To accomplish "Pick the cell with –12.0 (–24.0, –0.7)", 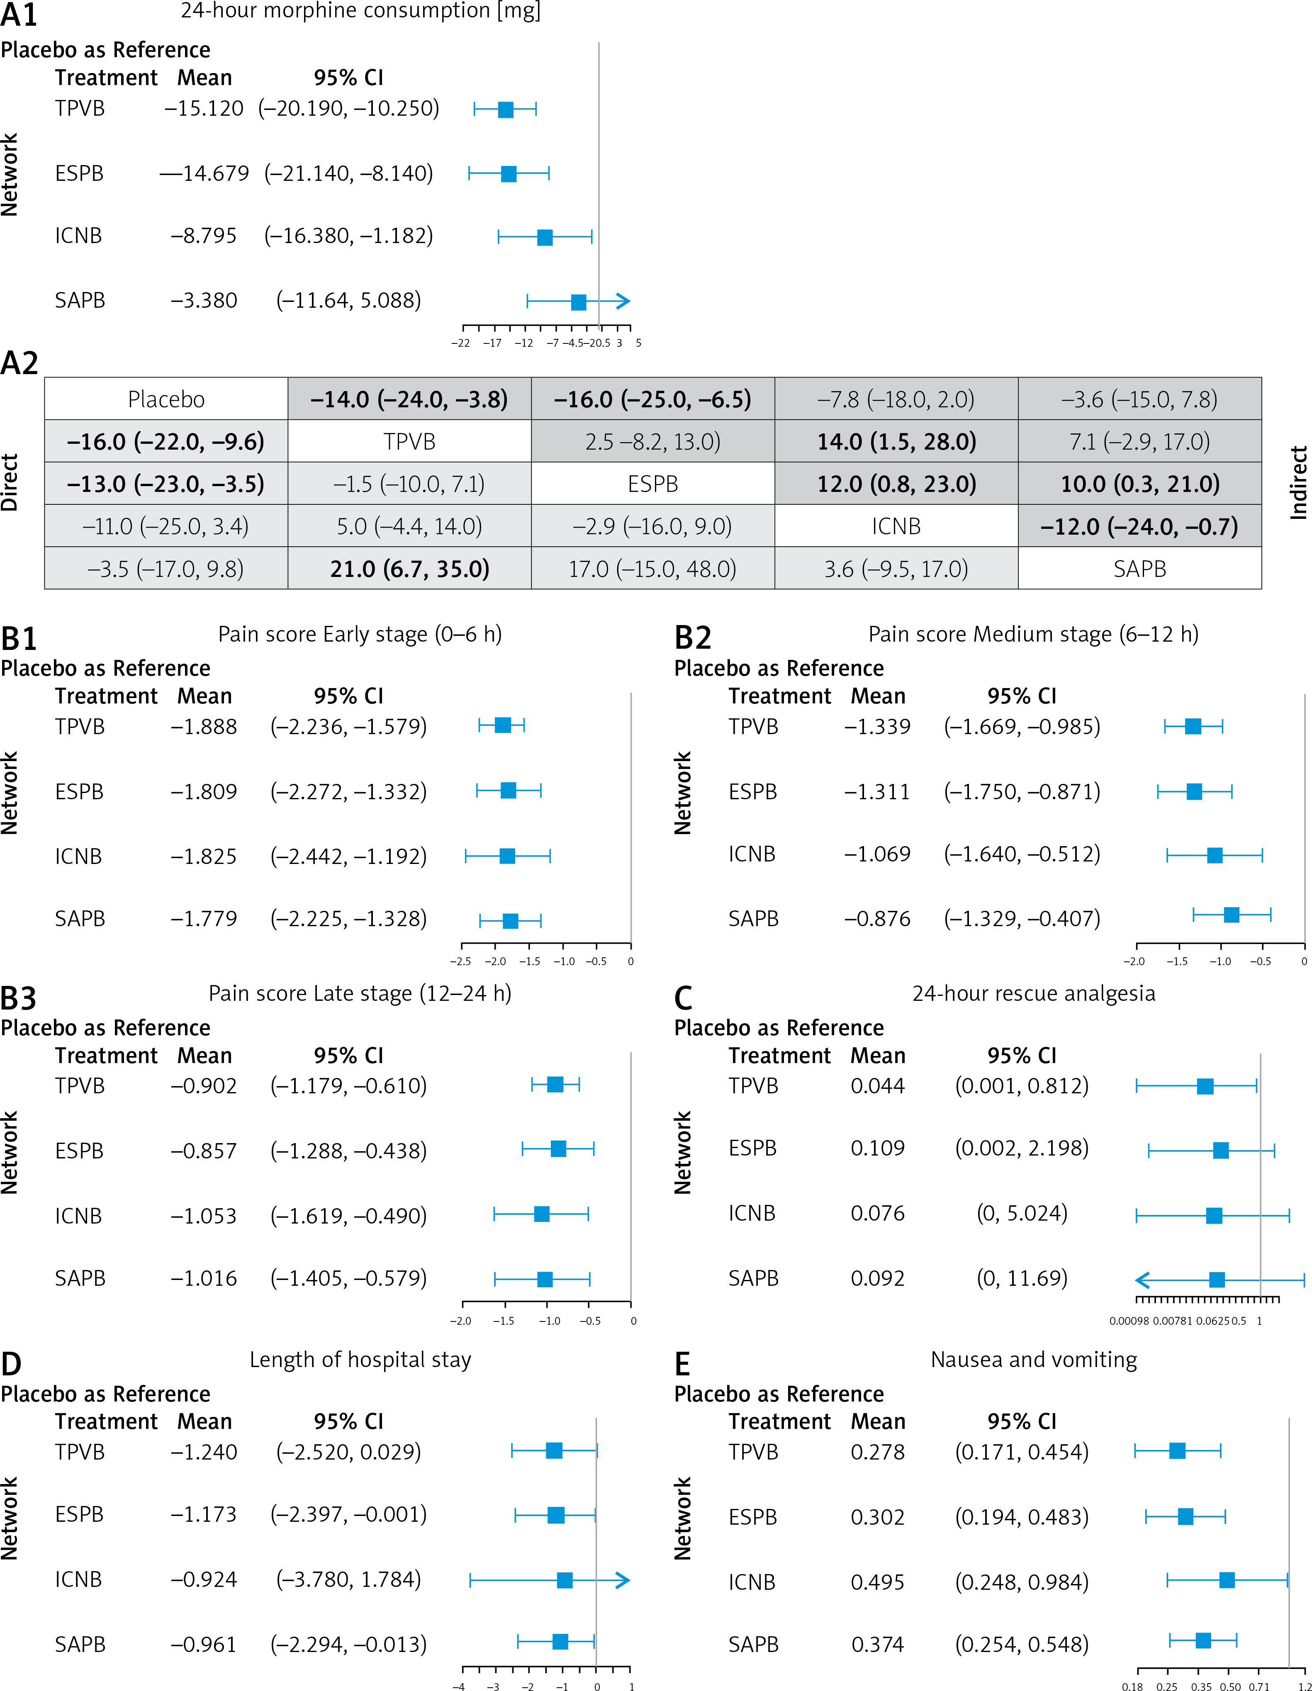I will point(1139,526).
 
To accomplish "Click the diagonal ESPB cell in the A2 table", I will point(653,484).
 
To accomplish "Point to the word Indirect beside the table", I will point(1298,482).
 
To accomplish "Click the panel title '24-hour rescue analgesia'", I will point(1033,993).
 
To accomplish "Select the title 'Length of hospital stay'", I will point(360,1360).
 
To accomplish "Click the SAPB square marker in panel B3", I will point(545,1279).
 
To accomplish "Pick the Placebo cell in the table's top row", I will point(166,399).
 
